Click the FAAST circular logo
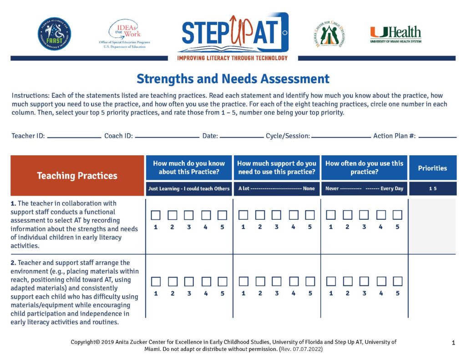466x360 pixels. [x=54, y=34]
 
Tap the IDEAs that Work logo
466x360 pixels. [x=124, y=34]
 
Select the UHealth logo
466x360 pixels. [x=395, y=35]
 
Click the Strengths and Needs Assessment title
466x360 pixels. [x=233, y=79]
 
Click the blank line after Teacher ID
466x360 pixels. [x=74, y=137]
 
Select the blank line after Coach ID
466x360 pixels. [x=167, y=137]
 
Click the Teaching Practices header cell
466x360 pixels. [x=77, y=176]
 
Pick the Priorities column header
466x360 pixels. [x=432, y=168]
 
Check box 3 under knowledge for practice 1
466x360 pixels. [x=189, y=215]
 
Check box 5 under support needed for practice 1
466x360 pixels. [x=310, y=215]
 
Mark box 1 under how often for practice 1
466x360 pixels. [x=331, y=215]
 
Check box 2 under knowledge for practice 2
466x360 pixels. [x=172, y=282]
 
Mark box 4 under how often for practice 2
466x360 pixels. [x=381, y=282]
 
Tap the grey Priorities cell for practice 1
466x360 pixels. [x=432, y=226]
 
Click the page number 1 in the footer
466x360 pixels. [x=453, y=343]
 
